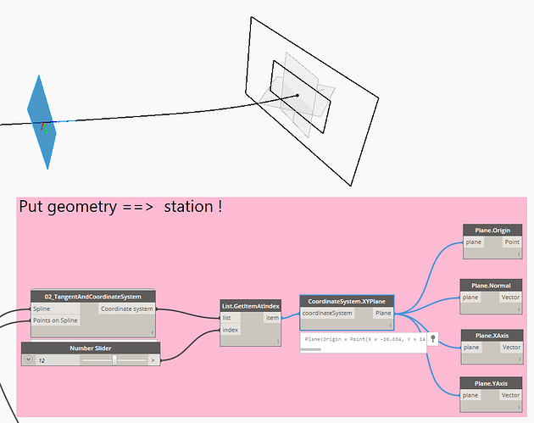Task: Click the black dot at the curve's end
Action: pyautogui.click(x=297, y=96)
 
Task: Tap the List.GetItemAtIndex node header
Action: pyautogui.click(x=251, y=305)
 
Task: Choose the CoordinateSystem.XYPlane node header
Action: pyautogui.click(x=347, y=301)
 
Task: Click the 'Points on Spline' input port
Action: pyautogui.click(x=56, y=320)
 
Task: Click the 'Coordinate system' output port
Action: pyautogui.click(x=127, y=309)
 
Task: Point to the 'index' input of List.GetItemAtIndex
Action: pyautogui.click(x=231, y=330)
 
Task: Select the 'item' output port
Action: pyautogui.click(x=272, y=318)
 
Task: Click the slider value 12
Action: pyautogui.click(x=42, y=359)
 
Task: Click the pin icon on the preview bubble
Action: pyautogui.click(x=432, y=338)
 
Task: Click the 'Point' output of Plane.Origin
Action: pyautogui.click(x=511, y=242)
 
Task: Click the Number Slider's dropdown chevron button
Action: pyautogui.click(x=28, y=359)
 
